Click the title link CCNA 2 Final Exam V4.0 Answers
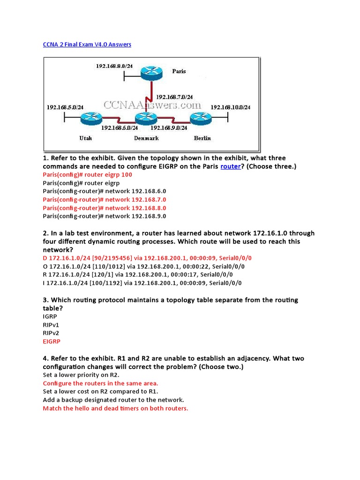click(x=87, y=45)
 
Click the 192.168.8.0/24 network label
click(x=114, y=66)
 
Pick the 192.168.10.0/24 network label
click(x=230, y=107)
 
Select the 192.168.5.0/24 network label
click(x=65, y=107)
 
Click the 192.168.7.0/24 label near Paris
click(x=174, y=97)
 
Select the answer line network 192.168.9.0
click(x=104, y=216)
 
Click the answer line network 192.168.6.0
click(x=104, y=191)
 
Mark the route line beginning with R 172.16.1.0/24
click(x=137, y=275)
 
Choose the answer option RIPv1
click(x=51, y=325)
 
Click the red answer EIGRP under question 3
click(x=52, y=342)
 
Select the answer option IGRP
click(x=50, y=316)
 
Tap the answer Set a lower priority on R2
click(x=81, y=375)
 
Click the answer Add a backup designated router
click(x=113, y=400)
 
